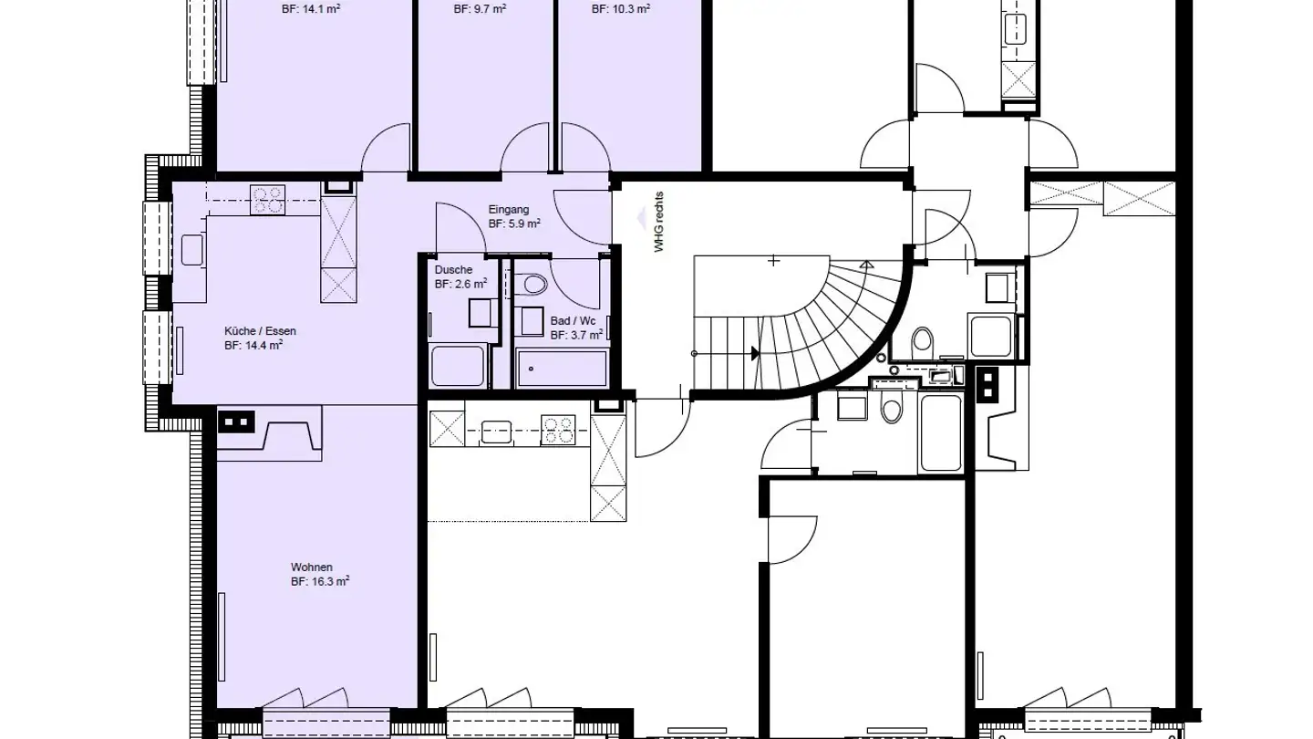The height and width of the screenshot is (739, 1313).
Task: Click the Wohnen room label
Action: coord(312,567)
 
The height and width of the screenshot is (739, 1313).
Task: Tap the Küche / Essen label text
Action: coord(260,331)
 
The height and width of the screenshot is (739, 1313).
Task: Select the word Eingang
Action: coord(508,210)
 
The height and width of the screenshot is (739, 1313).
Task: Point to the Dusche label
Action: coord(453,270)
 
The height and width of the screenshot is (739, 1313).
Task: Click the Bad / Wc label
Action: coord(573,321)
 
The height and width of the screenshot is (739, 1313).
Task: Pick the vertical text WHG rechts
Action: coord(659,222)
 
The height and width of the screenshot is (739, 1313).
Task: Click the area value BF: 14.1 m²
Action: coord(311,10)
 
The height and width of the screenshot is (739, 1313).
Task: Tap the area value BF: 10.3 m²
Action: coord(621,10)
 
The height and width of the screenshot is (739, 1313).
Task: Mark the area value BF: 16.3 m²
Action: coord(320,581)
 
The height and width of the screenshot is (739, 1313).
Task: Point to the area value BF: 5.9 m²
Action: coord(514,224)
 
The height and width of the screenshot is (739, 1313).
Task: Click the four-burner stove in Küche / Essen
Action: coord(268,200)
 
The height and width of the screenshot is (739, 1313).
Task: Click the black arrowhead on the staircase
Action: coord(754,353)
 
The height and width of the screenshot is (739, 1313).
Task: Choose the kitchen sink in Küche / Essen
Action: coord(191,249)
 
